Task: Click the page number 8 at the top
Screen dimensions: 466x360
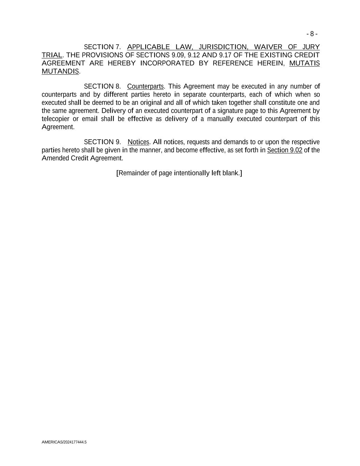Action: tap(312, 34)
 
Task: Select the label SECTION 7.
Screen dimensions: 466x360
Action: tap(102, 47)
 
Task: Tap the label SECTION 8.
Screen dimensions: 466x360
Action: tap(102, 86)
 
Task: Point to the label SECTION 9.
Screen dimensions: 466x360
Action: tap(102, 142)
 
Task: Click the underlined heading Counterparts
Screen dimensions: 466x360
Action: tap(145, 86)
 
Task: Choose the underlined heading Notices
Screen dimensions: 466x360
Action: tap(138, 142)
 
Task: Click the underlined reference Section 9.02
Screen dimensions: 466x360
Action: tap(285, 150)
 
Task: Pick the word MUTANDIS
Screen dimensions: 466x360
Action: tap(60, 71)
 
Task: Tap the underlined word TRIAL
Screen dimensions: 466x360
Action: tap(52, 55)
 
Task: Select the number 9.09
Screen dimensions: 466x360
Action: tap(178, 55)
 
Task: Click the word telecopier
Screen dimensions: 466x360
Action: tap(55, 119)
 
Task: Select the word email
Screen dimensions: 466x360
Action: tap(90, 119)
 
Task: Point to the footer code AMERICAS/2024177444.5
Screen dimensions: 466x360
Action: tap(64, 442)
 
